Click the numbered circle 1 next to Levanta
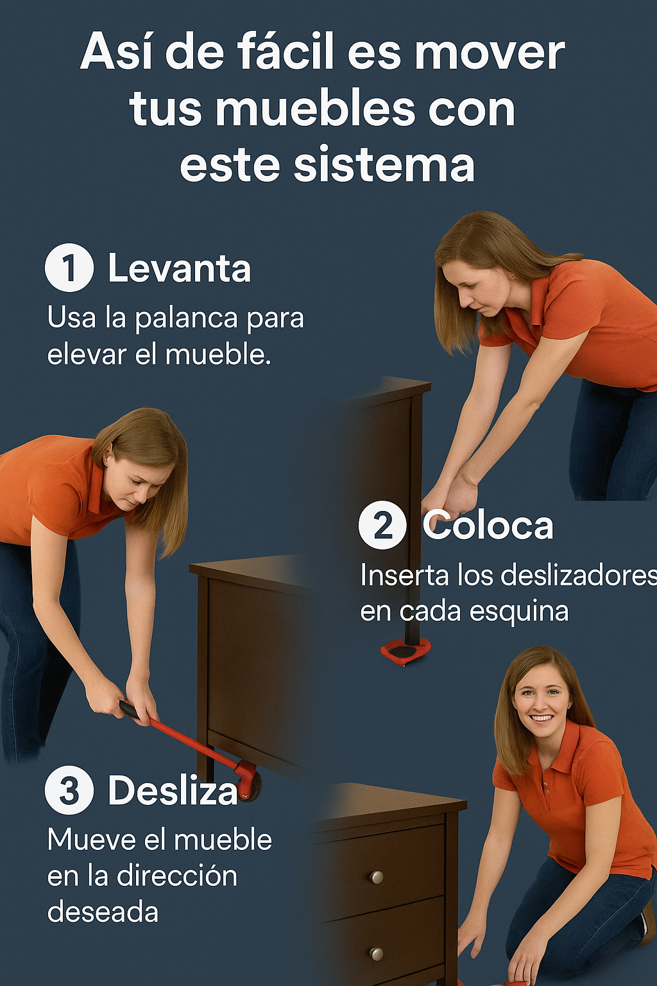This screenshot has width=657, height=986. click(x=69, y=267)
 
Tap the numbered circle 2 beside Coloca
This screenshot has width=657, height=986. click(x=382, y=524)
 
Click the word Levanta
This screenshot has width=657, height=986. click(x=179, y=268)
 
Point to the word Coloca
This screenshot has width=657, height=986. click(x=488, y=524)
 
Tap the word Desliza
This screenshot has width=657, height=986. click(x=173, y=790)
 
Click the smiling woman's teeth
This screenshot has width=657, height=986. click(x=542, y=718)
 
